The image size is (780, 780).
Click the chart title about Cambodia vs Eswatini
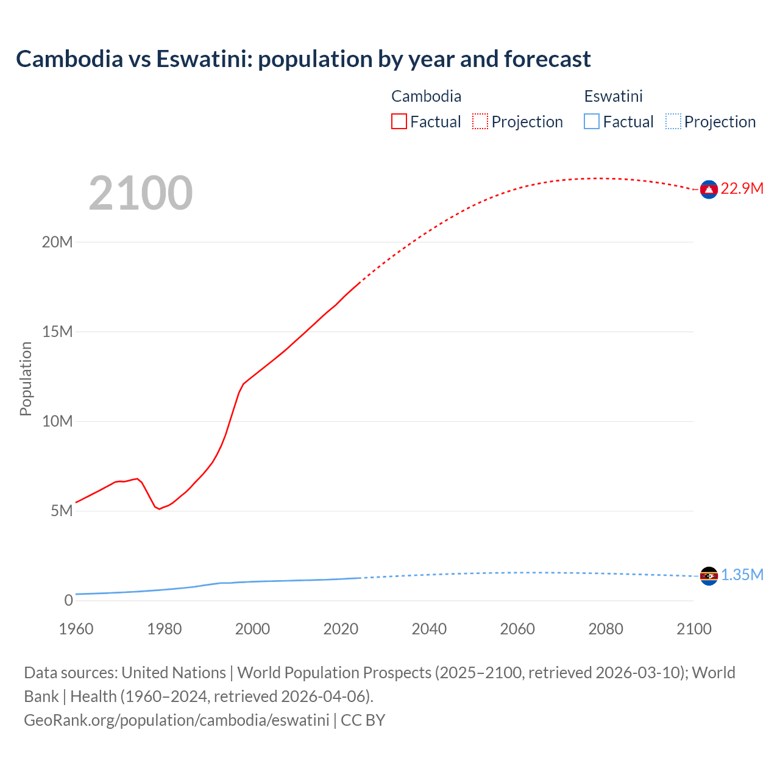click(x=303, y=59)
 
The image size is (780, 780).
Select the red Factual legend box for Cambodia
click(x=399, y=122)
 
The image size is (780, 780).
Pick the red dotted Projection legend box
click(x=480, y=122)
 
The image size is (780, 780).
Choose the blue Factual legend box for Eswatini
click(x=592, y=122)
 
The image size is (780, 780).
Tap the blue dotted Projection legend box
click(x=673, y=122)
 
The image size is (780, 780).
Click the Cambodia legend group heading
click(x=426, y=96)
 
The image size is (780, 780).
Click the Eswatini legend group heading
click(x=613, y=96)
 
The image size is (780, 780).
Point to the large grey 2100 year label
click(x=141, y=193)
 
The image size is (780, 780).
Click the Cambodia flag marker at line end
click(x=708, y=190)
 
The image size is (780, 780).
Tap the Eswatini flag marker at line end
click(x=708, y=576)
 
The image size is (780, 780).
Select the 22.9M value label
click(x=742, y=189)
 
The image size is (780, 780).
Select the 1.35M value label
click(x=742, y=575)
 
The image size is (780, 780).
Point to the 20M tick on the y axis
click(x=57, y=243)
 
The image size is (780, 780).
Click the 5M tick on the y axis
click(x=62, y=511)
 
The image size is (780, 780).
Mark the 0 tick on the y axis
click(x=68, y=600)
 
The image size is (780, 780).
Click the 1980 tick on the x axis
click(x=165, y=629)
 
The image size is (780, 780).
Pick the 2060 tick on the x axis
click(x=517, y=629)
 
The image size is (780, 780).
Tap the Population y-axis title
click(x=26, y=378)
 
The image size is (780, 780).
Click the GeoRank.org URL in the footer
click(x=177, y=720)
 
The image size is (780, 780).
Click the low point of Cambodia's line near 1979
click(x=160, y=509)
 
